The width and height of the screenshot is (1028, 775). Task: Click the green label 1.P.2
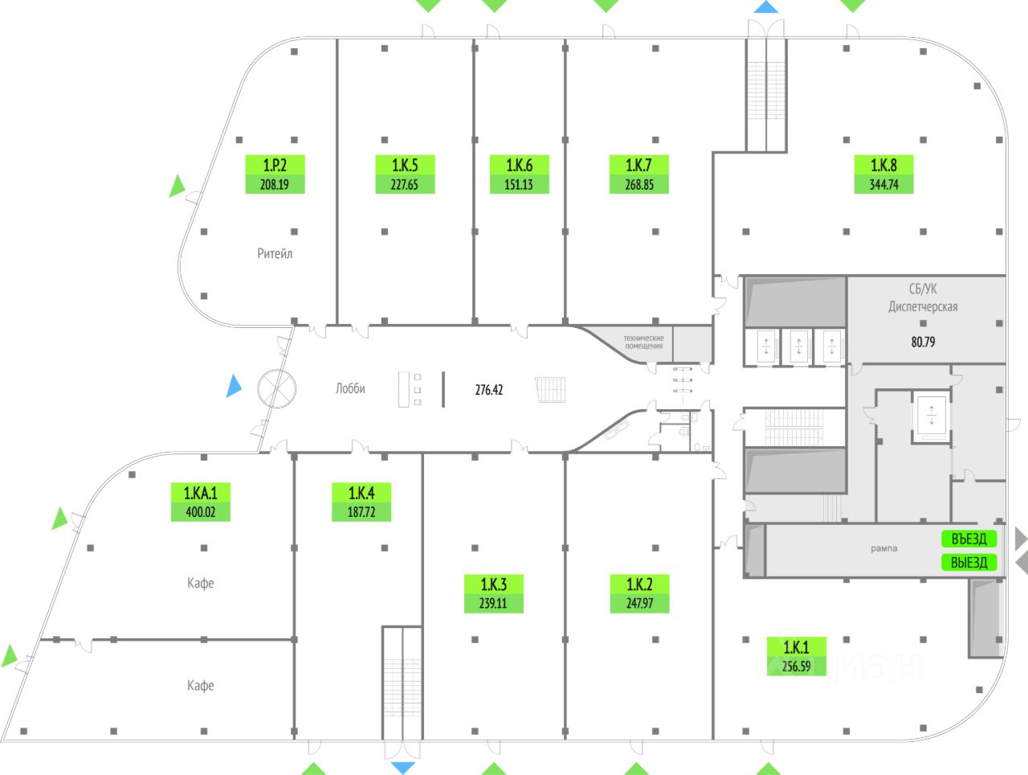pyautogui.click(x=275, y=166)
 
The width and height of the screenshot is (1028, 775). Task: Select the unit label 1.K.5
pyautogui.click(x=405, y=166)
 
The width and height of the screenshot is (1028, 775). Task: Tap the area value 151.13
pyautogui.click(x=519, y=185)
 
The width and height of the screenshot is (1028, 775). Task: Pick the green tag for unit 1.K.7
pyautogui.click(x=638, y=166)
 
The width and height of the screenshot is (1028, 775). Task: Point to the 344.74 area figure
pyautogui.click(x=883, y=185)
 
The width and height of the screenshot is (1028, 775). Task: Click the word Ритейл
pyautogui.click(x=275, y=254)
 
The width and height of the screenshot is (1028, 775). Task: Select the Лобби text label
pyautogui.click(x=350, y=388)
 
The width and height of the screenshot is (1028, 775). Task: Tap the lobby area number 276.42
pyautogui.click(x=489, y=390)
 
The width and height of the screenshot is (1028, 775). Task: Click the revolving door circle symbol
pyautogui.click(x=277, y=388)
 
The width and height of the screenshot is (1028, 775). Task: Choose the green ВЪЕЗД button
pyautogui.click(x=969, y=539)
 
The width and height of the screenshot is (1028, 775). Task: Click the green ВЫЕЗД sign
pyautogui.click(x=969, y=562)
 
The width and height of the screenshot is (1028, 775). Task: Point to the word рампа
pyautogui.click(x=883, y=548)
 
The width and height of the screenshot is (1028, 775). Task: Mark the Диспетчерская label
pyautogui.click(x=923, y=306)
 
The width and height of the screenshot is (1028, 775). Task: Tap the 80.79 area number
pyautogui.click(x=923, y=342)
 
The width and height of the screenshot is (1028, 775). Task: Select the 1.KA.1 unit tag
pyautogui.click(x=200, y=493)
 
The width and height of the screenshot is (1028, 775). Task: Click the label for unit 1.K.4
pyautogui.click(x=361, y=493)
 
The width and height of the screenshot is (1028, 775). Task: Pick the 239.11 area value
pyautogui.click(x=493, y=603)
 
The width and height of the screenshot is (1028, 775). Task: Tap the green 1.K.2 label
pyautogui.click(x=639, y=584)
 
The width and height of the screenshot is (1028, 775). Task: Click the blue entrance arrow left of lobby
pyautogui.click(x=233, y=386)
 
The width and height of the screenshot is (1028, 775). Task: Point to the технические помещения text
pyautogui.click(x=644, y=342)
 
